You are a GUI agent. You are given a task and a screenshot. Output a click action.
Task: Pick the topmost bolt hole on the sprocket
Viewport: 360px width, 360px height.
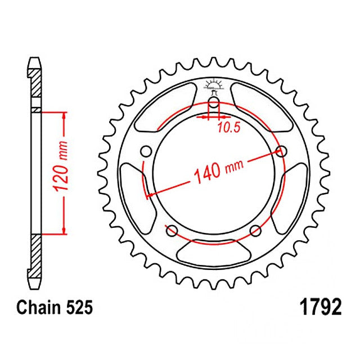pyautogui.click(x=214, y=102)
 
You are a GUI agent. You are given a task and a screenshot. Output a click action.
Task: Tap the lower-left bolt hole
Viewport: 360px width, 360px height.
pyautogui.click(x=172, y=229)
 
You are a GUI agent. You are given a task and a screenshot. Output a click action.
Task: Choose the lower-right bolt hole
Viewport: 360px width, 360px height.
pyautogui.click(x=255, y=229)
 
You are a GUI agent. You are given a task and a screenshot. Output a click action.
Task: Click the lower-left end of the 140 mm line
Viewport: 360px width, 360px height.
pyautogui.click(x=148, y=195)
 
